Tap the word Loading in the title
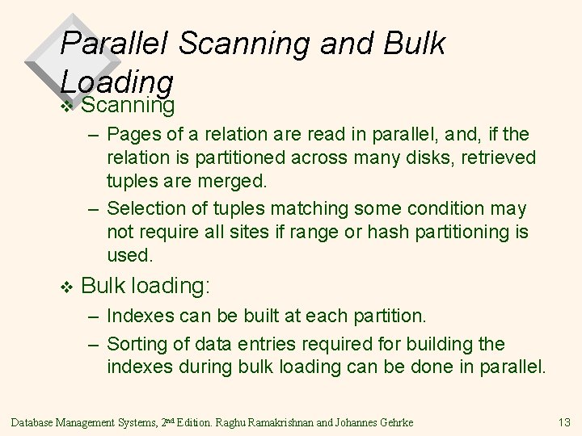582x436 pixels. tap(117, 81)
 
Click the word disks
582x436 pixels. tap(412, 155)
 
